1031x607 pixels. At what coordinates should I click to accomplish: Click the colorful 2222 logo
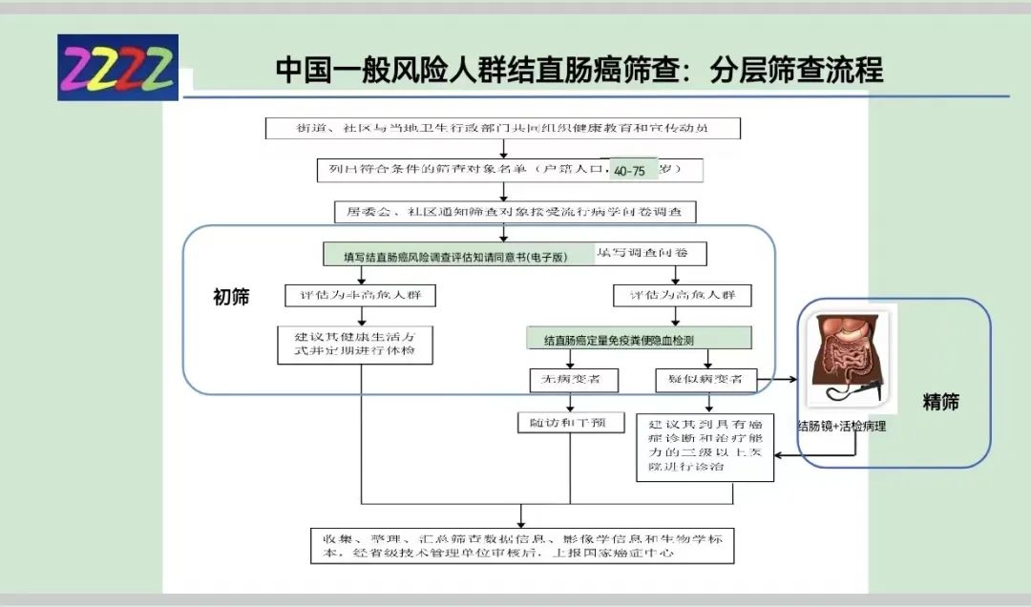tap(117, 67)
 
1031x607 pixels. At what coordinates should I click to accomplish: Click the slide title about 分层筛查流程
tap(579, 70)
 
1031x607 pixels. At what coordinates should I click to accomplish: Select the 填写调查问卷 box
tap(651, 253)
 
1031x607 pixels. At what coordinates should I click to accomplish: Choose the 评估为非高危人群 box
tap(360, 296)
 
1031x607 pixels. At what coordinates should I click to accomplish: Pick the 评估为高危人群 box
tap(676, 296)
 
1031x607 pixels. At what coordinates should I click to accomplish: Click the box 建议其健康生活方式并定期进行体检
tap(354, 346)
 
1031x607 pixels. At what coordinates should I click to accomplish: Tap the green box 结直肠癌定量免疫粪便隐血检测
tap(639, 339)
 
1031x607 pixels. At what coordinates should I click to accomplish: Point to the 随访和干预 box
tap(570, 422)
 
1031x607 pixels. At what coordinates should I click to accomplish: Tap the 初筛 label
tap(231, 297)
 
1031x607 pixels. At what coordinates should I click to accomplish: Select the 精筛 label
tap(940, 402)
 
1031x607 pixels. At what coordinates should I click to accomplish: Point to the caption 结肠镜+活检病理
tap(842, 427)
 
